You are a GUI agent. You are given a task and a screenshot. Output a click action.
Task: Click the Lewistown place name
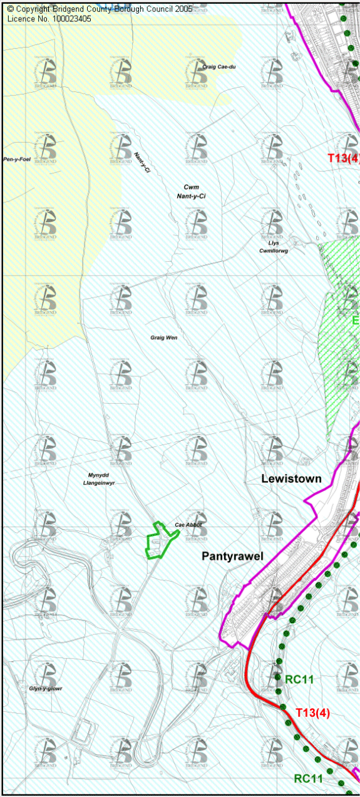click(291, 479)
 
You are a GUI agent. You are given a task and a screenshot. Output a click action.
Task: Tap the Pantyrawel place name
click(232, 556)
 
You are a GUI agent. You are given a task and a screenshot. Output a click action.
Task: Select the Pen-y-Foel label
click(17, 160)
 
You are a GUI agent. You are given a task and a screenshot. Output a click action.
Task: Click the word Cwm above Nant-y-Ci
click(192, 187)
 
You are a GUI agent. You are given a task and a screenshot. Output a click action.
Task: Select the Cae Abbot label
click(188, 525)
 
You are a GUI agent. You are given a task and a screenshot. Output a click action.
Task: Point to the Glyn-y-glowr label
click(46, 689)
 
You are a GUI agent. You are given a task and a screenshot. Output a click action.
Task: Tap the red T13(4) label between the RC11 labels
click(312, 712)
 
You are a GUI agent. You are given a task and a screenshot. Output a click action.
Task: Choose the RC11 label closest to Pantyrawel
click(299, 679)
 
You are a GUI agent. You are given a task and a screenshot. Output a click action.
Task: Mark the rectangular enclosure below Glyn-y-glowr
click(86, 733)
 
